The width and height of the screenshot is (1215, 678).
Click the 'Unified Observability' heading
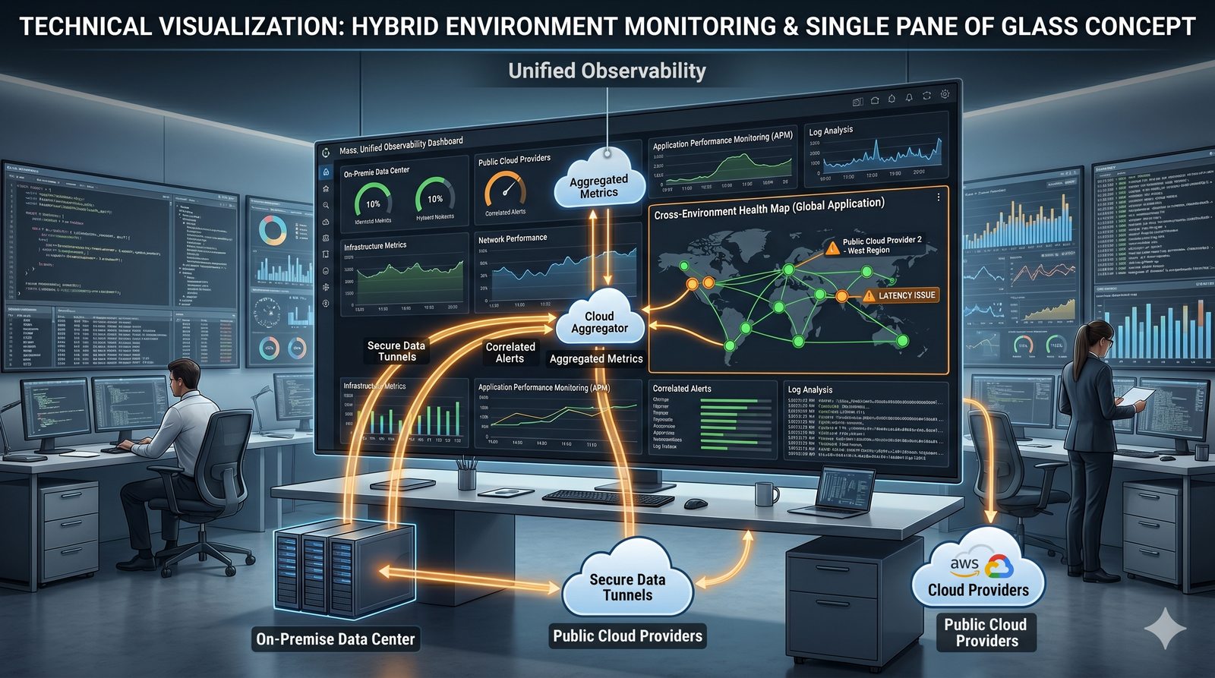click(607, 71)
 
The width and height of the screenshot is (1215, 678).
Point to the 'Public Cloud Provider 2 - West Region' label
click(881, 245)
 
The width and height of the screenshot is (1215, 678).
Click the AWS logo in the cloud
click(964, 563)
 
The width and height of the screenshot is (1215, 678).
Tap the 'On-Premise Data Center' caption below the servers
click(336, 639)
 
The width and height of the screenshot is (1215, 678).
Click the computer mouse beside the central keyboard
click(695, 503)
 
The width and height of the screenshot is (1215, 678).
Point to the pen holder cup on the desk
click(466, 477)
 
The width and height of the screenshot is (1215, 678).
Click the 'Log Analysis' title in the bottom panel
click(810, 389)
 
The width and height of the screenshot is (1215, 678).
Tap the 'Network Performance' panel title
click(513, 238)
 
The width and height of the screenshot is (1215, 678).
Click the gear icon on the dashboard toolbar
click(945, 94)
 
